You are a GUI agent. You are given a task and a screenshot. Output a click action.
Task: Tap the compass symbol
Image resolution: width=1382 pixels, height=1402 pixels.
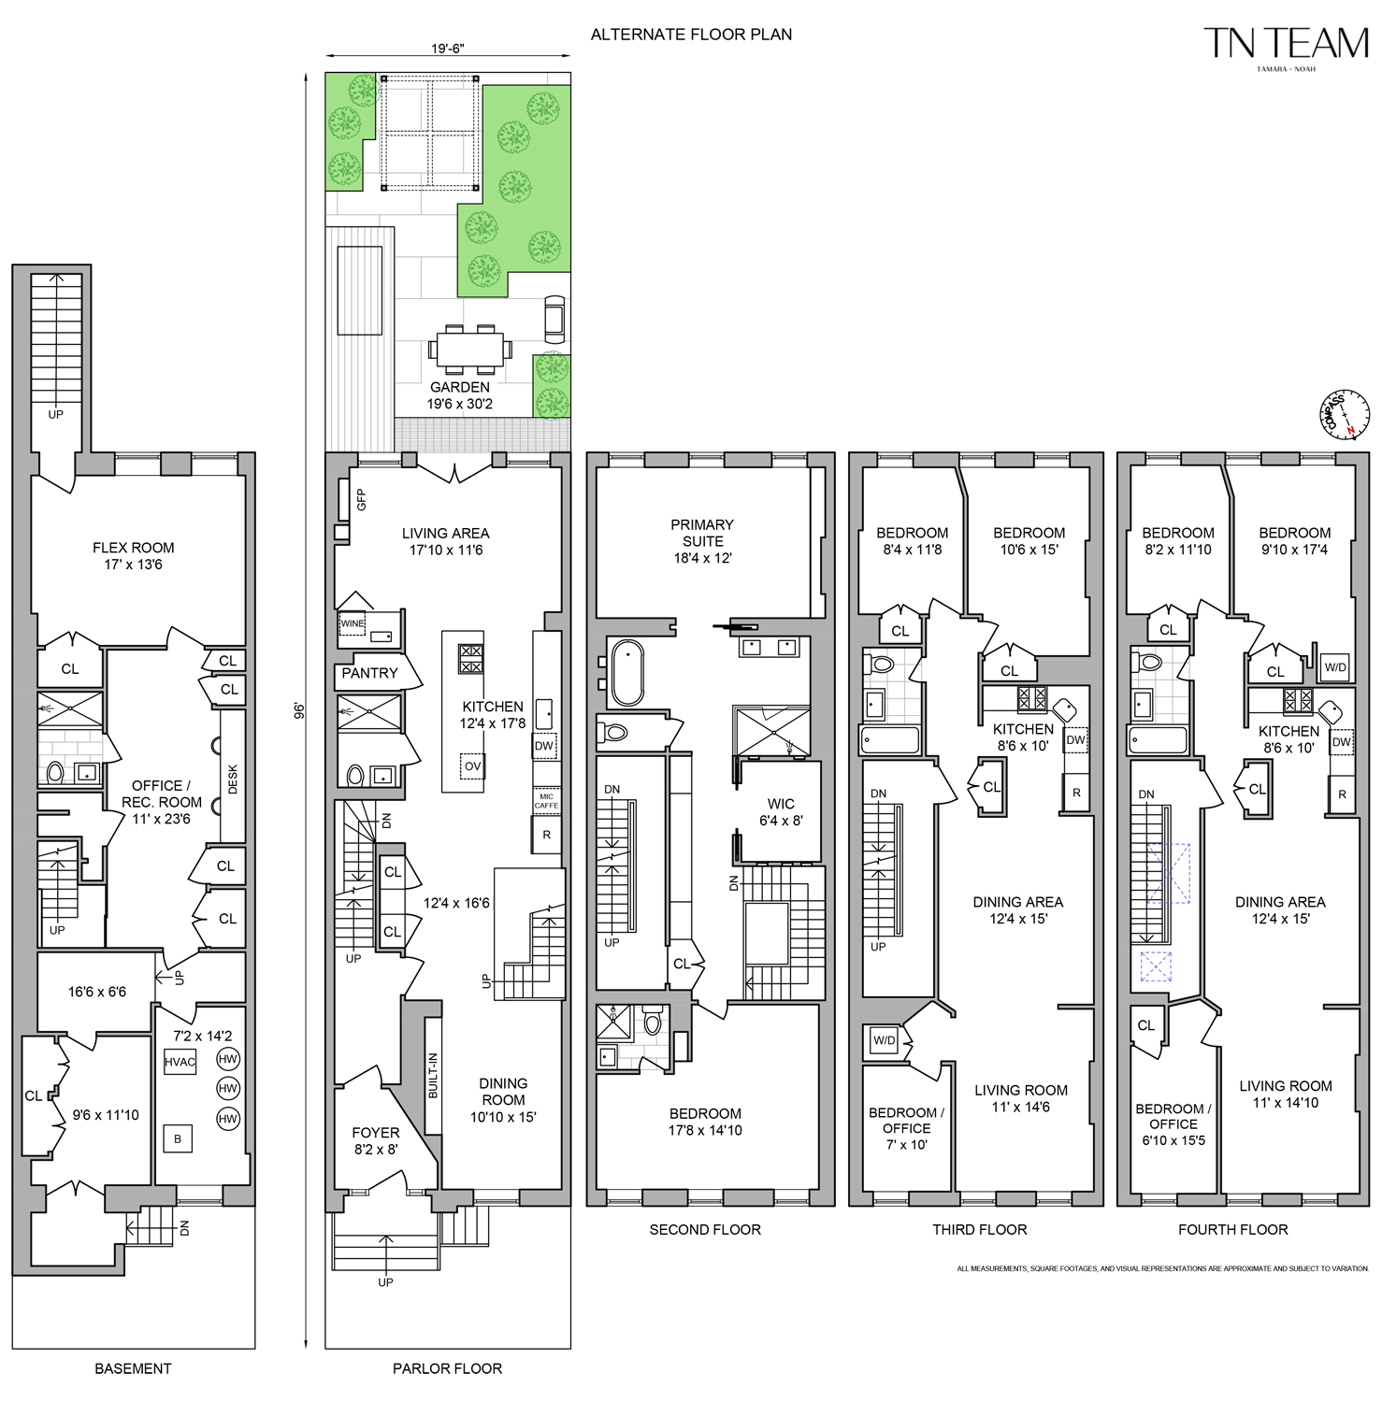pos(1345,414)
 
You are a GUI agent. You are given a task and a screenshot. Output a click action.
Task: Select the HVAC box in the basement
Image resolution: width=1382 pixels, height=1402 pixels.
pos(180,1062)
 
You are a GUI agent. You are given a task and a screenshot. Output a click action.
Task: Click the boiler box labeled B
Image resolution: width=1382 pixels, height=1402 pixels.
pos(178,1138)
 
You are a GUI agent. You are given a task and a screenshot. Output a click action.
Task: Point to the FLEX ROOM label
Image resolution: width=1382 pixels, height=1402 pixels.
pos(133,556)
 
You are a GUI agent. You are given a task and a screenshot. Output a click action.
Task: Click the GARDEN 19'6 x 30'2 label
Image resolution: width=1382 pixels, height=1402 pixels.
pos(459,395)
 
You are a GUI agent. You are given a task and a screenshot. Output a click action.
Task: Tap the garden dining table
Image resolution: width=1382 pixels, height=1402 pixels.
pos(470,350)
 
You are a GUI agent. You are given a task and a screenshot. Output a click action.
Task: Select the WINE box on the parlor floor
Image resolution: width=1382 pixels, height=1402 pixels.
pos(353,623)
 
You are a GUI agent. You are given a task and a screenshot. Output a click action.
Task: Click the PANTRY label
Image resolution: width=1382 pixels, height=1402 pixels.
pos(369,673)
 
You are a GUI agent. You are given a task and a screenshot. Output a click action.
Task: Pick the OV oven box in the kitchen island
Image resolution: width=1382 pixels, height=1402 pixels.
pos(472,766)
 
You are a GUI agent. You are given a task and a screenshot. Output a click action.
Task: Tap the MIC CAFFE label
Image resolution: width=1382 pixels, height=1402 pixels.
pos(546,801)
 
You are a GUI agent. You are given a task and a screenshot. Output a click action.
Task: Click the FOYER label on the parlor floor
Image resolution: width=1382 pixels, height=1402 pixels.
pos(375,1141)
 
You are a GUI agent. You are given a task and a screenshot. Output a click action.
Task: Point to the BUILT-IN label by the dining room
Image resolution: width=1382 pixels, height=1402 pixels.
pos(432,1075)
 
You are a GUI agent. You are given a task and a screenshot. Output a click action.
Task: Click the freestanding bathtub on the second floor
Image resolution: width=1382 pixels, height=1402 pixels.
pos(626,672)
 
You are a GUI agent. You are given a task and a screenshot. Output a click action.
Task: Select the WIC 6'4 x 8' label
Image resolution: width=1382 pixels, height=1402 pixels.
pos(781,812)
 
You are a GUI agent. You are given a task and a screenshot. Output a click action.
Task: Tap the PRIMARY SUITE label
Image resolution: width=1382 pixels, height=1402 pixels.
pos(702,541)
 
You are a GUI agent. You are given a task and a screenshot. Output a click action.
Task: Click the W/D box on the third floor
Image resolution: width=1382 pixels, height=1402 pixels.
pos(884,1040)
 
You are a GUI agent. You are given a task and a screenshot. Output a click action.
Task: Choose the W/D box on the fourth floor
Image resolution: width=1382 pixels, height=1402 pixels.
pos(1335,667)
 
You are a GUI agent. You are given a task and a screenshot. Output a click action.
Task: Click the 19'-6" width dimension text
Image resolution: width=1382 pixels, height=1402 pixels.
pos(448,49)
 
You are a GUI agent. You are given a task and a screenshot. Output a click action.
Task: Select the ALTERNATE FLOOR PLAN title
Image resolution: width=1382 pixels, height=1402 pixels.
pos(691,35)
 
